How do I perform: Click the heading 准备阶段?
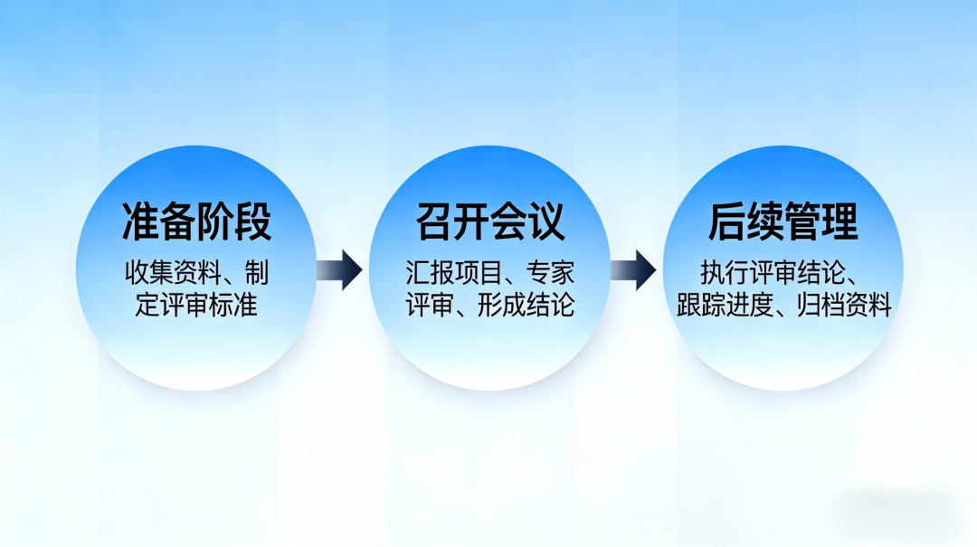pos(196,222)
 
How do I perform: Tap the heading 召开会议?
pos(489,222)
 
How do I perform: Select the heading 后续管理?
pos(783,222)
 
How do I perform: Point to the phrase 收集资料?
pos(173,273)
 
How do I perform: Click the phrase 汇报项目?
pos(453,273)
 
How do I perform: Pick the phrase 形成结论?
pos(526,306)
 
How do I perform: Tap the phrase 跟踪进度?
pos(725,306)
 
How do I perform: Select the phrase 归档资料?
pos(844,306)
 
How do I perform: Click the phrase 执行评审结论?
pos(773,273)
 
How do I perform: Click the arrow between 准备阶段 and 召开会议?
pos(339,270)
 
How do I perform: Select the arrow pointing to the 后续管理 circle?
pos(633,270)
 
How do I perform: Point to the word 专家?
pos(550,273)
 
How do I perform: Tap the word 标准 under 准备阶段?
pos(233,306)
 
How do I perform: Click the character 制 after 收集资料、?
pos(257,273)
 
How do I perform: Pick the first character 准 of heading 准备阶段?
pos(140,222)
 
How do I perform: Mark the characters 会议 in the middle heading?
pos(527,222)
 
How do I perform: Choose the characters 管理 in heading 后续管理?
pos(820,222)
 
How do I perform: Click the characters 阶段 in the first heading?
pos(234,222)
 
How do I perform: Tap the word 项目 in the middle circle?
pos(478,273)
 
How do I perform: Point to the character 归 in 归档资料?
pos(808,306)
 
